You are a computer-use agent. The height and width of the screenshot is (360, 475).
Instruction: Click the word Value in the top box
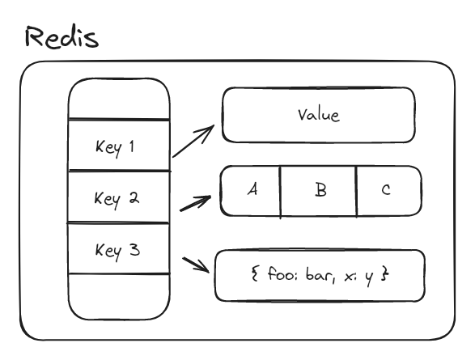(318, 114)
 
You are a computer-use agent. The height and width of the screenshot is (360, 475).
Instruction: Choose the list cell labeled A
(252, 190)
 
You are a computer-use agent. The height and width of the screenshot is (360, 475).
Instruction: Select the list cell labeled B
(319, 191)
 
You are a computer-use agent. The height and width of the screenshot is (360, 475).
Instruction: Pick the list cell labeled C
(386, 190)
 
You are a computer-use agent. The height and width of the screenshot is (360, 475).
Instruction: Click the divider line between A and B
(281, 192)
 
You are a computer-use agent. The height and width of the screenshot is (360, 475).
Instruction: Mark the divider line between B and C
(356, 192)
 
